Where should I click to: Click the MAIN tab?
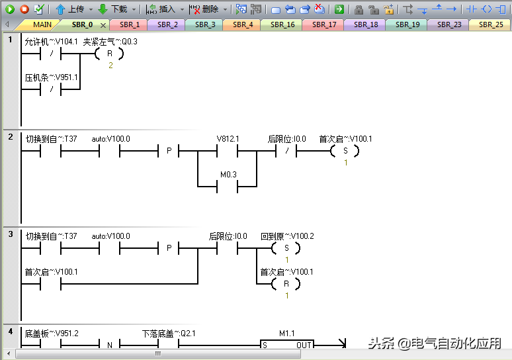coord(42,24)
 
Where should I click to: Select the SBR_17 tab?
coord(324,24)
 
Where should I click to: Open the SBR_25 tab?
coord(490,24)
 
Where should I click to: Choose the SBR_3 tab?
coord(205,24)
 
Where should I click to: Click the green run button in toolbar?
coord(9,9)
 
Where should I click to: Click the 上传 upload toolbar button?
coord(69,9)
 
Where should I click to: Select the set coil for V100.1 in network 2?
coord(344,152)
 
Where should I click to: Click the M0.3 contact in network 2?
coord(228,186)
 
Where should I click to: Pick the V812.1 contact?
coord(228,152)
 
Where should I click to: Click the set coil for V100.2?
coord(286,248)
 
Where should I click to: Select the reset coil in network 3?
coord(286,284)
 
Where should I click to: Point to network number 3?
coord(11,234)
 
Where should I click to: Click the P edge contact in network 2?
coord(169,152)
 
